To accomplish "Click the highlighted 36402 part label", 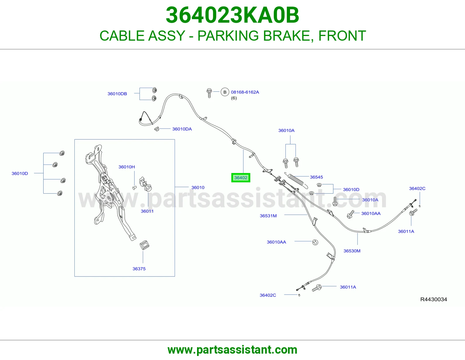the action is [241, 178].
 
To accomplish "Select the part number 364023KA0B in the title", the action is [233, 15].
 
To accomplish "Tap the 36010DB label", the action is [117, 94].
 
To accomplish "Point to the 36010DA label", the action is [182, 129].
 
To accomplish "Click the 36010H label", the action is [127, 167].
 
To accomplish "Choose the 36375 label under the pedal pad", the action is [139, 269].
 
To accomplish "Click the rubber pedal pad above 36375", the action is [144, 245].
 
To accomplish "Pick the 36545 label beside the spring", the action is [316, 177].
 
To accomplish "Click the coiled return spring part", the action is [296, 180].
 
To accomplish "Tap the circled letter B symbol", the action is [225, 92].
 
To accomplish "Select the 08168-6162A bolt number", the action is [245, 92].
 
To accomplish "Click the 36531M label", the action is [268, 216].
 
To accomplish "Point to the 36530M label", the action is [352, 251].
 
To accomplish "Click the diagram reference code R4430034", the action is [434, 299].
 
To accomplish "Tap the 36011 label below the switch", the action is [147, 211].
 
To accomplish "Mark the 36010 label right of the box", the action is [198, 188].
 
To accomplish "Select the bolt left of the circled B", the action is [209, 93].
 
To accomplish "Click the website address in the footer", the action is [233, 350].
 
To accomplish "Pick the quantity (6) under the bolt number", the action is [234, 98].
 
